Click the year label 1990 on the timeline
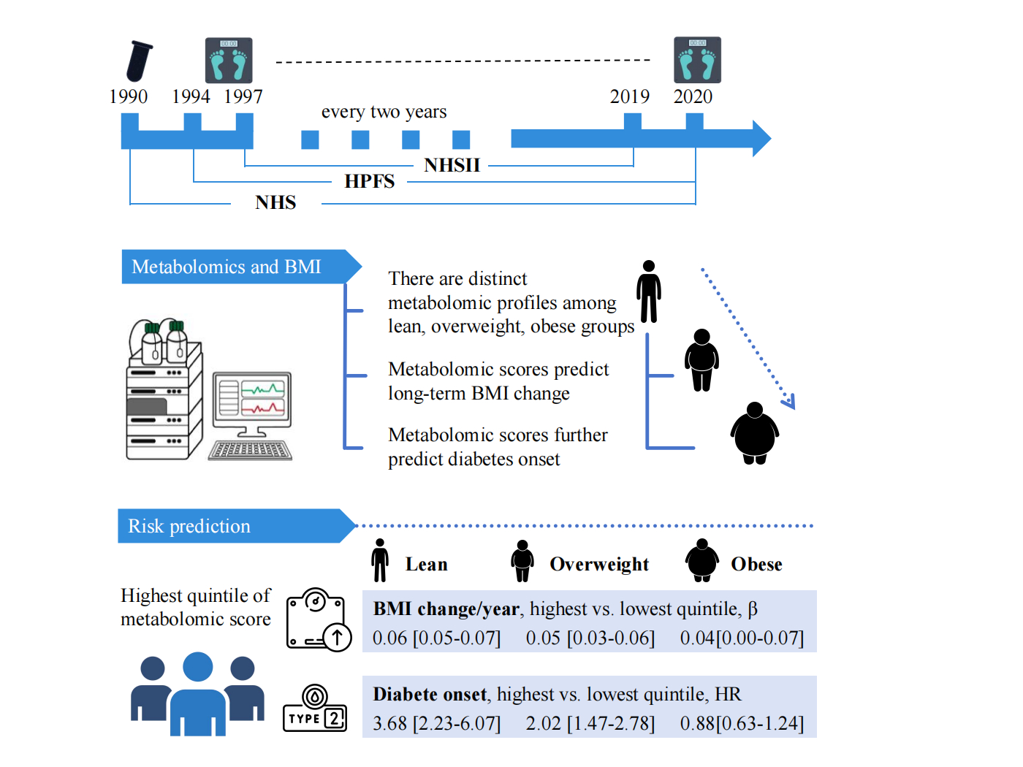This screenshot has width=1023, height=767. click(129, 96)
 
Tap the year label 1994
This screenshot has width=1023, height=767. click(191, 96)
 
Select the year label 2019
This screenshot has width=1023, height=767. click(630, 96)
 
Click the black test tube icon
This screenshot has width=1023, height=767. click(139, 61)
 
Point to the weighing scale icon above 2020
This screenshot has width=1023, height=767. click(697, 60)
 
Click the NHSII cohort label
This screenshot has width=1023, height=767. click(452, 165)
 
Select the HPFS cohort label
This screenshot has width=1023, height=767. click(370, 182)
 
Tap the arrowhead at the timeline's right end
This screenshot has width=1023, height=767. click(761, 138)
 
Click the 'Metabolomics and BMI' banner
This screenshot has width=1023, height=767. click(227, 267)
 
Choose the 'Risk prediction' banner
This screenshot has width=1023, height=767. click(190, 526)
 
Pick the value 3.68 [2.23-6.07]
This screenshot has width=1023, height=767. click(437, 723)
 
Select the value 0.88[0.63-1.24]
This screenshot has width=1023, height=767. click(742, 723)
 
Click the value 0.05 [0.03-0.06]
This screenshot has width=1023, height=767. click(590, 638)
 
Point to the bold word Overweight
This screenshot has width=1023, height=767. click(599, 565)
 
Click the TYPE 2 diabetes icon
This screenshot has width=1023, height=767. click(315, 709)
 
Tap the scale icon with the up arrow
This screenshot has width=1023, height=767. click(319, 620)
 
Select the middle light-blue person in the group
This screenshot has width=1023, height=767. click(197, 694)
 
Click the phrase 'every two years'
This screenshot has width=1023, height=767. click(384, 112)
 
